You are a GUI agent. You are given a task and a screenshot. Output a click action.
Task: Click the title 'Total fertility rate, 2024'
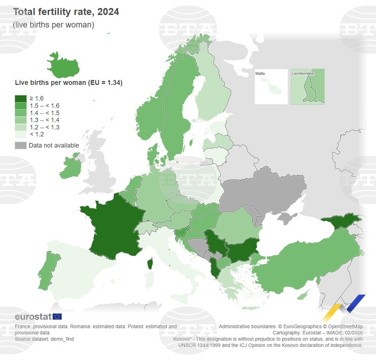(66, 12)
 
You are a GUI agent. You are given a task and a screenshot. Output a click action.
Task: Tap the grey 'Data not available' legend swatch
(21, 145)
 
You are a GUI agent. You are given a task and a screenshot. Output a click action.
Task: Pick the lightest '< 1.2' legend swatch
(21, 134)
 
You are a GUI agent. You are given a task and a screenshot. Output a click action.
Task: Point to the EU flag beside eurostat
(57, 316)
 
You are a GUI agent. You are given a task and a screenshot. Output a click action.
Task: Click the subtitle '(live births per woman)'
(54, 25)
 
